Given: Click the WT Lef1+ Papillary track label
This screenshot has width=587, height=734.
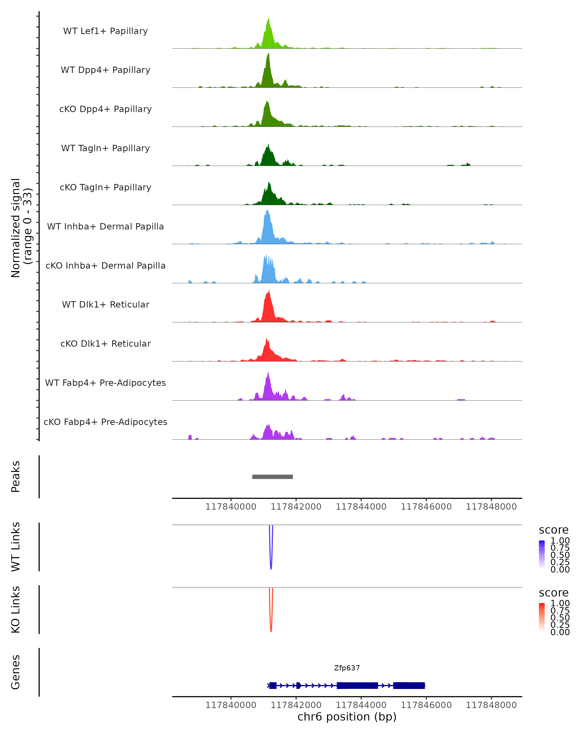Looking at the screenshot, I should point(105,31).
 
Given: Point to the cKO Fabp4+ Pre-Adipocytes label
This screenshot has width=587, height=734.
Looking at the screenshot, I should point(105,422).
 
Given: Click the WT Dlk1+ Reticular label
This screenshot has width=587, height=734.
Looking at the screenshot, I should point(105,304).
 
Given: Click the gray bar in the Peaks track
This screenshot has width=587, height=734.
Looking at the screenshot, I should point(272,477).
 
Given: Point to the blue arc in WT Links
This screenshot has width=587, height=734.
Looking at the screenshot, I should point(271,565).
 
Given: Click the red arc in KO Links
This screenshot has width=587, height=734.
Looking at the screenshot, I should point(271,628).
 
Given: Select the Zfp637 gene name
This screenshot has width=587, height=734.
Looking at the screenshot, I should point(347,668).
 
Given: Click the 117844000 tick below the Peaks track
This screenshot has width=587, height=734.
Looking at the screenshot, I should point(361,507).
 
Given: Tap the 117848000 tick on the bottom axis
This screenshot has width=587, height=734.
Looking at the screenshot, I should point(491,705).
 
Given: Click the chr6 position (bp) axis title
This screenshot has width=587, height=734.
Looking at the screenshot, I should point(347,717).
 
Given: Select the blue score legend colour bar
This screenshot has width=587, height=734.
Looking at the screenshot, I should point(542,554).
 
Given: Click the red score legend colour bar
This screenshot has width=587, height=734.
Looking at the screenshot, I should point(542,617).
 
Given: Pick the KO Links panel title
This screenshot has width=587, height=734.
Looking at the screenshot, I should point(15,609).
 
